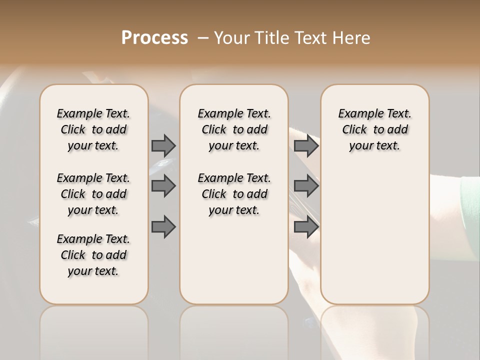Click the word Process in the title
point(154,37)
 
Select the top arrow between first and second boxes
point(163,145)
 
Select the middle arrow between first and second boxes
point(163,186)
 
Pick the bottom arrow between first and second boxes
point(163,227)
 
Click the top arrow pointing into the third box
point(306,145)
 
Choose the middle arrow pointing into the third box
point(306,186)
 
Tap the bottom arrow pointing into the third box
point(306,227)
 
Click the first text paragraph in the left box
point(93,129)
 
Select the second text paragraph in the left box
point(93,194)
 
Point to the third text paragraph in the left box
point(93,255)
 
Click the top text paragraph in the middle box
point(234,129)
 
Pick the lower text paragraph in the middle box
point(234,194)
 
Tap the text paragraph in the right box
point(374,129)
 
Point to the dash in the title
point(203,37)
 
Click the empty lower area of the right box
point(374,240)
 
